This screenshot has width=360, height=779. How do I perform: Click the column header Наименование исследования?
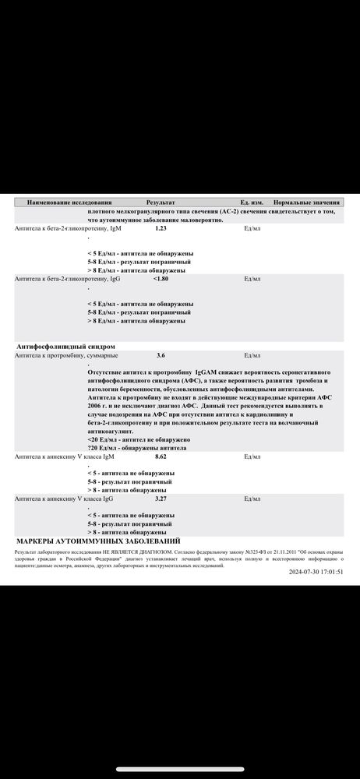(x=69, y=202)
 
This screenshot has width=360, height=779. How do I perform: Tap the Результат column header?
(x=161, y=202)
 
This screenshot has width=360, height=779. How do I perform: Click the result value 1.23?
(x=161, y=228)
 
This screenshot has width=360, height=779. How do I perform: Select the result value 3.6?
(x=161, y=354)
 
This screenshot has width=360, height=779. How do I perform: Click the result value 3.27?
(x=161, y=498)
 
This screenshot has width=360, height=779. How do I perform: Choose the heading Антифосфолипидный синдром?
(x=65, y=345)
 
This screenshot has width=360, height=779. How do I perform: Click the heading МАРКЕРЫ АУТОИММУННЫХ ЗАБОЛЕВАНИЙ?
(x=98, y=540)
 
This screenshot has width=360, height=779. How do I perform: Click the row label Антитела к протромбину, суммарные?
(x=68, y=354)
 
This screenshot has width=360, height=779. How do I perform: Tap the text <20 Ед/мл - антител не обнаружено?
(x=139, y=440)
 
